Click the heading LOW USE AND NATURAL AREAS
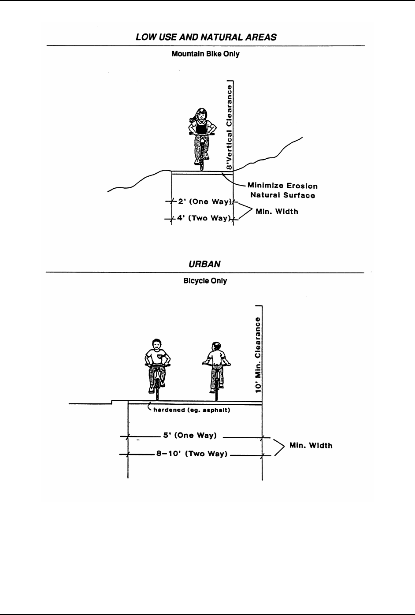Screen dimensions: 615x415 pos(206,37)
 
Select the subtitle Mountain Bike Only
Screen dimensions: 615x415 pos(206,55)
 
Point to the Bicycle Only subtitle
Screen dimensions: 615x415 pos(205,281)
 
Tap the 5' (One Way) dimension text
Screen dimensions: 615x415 pos(190,436)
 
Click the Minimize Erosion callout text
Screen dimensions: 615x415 pos(282,186)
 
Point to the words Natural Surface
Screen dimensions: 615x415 pos(282,195)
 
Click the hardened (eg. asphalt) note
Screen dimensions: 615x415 pos(192,410)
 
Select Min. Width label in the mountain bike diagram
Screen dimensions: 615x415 pos(277,212)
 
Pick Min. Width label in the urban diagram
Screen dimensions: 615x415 pos(311,445)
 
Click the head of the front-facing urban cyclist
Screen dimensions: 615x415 pos(156,344)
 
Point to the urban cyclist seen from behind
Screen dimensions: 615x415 pos(216,366)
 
